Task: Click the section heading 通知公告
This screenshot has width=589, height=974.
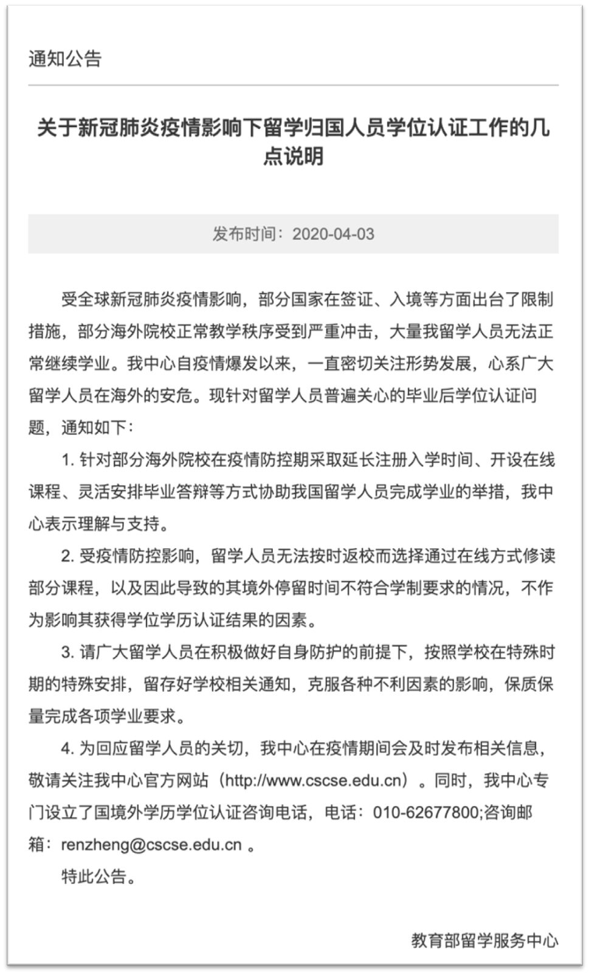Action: [65, 59]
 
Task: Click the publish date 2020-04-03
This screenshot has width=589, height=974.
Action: [333, 234]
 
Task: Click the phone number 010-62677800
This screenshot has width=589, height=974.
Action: [425, 812]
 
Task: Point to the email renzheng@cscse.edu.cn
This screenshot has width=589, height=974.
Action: [151, 844]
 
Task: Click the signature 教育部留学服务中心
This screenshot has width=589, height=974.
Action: [484, 941]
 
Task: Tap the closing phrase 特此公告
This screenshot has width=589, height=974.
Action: [94, 876]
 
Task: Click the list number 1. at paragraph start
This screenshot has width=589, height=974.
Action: [67, 460]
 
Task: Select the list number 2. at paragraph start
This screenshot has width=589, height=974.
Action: [67, 556]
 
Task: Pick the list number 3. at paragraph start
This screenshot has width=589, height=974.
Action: [67, 652]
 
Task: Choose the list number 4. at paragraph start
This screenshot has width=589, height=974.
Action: [67, 748]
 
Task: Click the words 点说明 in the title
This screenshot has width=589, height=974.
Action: [294, 157]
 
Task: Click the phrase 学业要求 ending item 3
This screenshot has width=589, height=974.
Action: [152, 716]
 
